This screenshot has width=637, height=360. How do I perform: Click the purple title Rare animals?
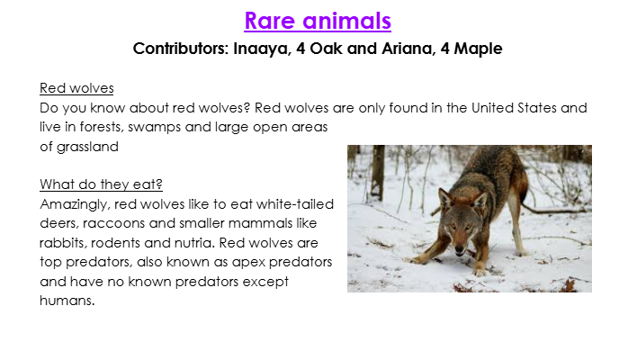click(318, 21)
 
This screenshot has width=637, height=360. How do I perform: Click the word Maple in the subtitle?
click(478, 49)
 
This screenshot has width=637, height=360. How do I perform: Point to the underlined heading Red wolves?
click(76, 88)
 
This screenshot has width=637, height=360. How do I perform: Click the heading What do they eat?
click(101, 184)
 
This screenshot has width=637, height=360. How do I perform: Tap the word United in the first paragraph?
click(492, 108)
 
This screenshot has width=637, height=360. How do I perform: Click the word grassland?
click(87, 147)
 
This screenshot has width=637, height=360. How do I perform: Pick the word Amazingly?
click(75, 204)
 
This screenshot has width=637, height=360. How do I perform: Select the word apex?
click(248, 263)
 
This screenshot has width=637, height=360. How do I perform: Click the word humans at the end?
click(67, 301)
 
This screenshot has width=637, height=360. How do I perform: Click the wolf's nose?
click(459, 248)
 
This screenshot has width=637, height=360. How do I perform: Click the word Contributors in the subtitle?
click(181, 49)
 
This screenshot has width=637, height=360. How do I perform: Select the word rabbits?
click(63, 243)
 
